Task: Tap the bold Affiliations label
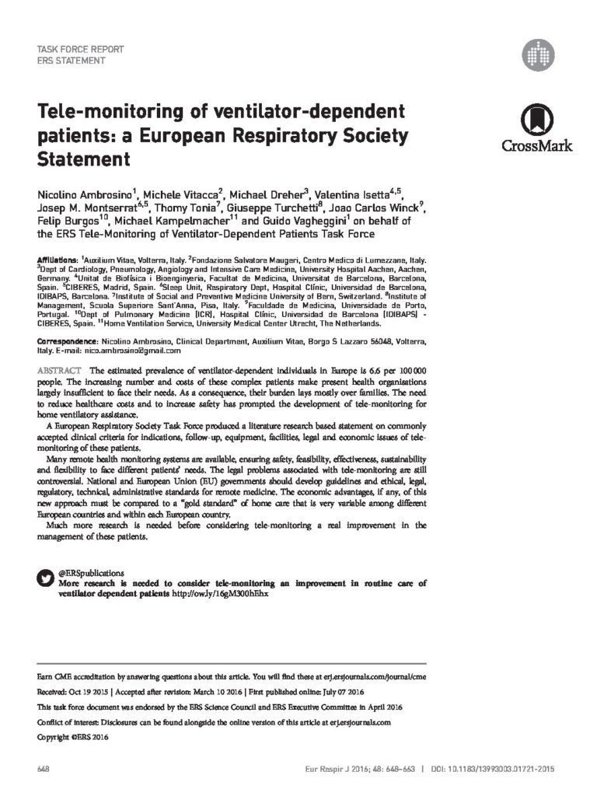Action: click(58, 257)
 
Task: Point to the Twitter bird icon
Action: click(46, 578)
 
